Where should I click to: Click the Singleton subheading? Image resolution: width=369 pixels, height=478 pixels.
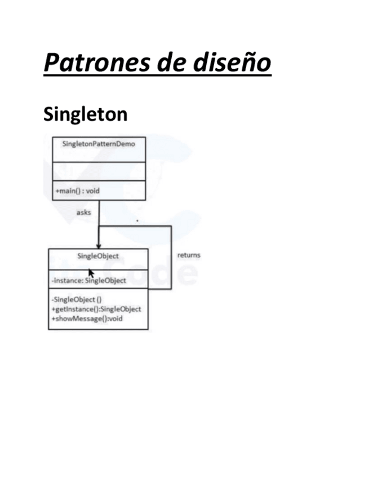pos(85,114)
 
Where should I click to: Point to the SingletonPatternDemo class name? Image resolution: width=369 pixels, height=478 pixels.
pos(99,144)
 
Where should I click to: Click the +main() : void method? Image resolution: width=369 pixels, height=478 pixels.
pos(77,191)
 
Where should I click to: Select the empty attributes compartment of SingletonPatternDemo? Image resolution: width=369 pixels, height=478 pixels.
pos(99,171)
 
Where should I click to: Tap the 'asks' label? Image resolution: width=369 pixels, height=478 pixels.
pos(83,213)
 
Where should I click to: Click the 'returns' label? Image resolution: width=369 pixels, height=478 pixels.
pos(189,255)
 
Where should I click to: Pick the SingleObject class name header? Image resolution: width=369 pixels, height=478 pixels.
pos(98,256)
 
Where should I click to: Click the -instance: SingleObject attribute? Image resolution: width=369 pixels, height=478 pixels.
pos(89,281)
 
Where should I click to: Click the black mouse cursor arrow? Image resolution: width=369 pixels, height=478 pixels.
pos(91,272)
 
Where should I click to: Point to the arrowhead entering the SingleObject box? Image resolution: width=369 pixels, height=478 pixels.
pos(99,245)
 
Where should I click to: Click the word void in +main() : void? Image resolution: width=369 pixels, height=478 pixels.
pos(92,191)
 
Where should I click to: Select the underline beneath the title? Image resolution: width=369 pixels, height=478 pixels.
pos(157,74)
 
